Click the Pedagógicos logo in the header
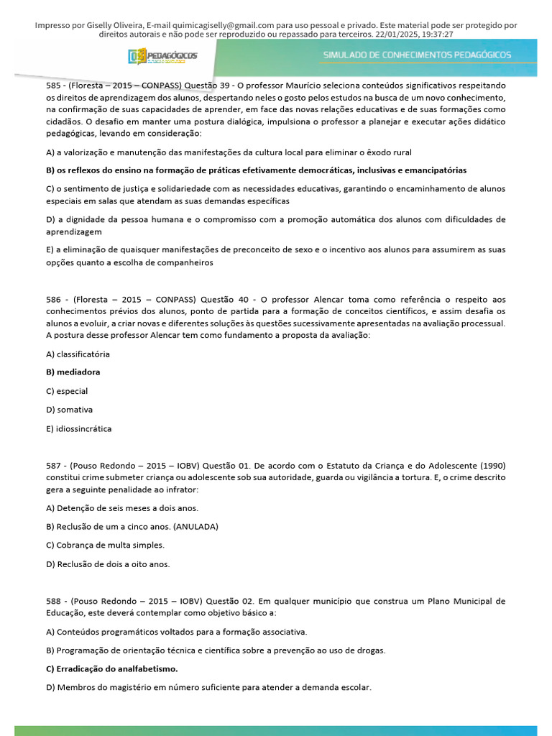(162, 56)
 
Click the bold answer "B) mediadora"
(73, 372)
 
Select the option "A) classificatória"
(78, 354)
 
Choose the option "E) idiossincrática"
(78, 428)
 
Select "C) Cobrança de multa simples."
(105, 545)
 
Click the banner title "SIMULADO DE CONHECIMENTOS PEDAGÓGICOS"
(417, 55)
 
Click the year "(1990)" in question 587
(489, 464)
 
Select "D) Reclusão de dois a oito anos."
(108, 563)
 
